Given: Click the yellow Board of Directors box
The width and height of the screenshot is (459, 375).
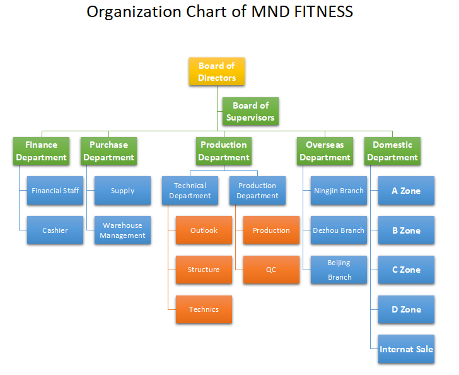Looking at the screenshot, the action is [x=217, y=71].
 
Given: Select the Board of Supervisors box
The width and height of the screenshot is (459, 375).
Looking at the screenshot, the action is [x=250, y=111].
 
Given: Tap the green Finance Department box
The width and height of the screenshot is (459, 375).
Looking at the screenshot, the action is [x=41, y=151].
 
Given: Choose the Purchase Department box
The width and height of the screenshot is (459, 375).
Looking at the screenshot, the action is [x=108, y=151].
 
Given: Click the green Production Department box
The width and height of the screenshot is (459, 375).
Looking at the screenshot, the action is [x=224, y=151].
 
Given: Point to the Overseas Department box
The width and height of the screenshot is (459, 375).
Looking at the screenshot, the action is [x=325, y=151].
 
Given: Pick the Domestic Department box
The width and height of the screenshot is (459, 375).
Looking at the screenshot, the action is [x=392, y=151].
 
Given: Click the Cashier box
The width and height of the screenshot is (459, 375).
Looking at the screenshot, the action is [x=55, y=230].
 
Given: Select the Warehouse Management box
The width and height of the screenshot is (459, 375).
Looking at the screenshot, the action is [x=122, y=230].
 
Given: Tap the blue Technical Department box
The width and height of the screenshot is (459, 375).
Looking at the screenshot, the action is [x=190, y=191].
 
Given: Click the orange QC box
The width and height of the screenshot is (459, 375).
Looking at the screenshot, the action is [x=271, y=270].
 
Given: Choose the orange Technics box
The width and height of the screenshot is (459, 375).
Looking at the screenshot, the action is [x=204, y=309].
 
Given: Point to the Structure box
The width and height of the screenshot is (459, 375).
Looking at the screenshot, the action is [x=204, y=270].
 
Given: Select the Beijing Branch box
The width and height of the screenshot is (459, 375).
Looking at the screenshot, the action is [x=339, y=270].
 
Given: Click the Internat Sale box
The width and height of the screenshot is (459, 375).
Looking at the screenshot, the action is [x=406, y=349].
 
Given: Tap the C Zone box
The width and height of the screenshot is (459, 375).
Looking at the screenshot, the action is [x=406, y=270].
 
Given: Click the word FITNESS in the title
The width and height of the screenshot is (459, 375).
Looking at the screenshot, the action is [x=323, y=12].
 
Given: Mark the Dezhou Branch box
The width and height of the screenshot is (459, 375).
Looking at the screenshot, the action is [x=339, y=230].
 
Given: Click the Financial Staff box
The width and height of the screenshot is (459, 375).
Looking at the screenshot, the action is [x=55, y=191].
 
